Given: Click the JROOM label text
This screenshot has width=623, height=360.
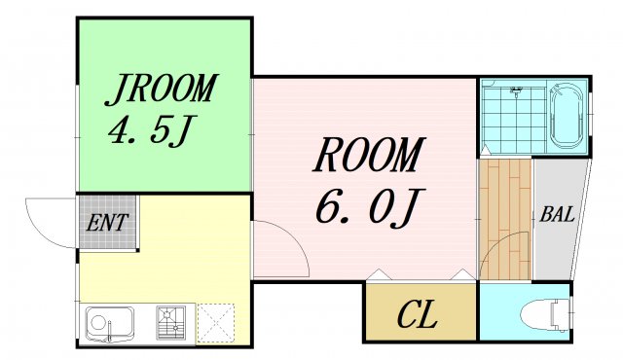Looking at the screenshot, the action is pyautogui.click(x=161, y=89).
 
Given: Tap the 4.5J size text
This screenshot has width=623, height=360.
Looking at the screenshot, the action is pyautogui.click(x=150, y=131).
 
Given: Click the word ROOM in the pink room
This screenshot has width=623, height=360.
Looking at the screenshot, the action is pyautogui.click(x=369, y=155).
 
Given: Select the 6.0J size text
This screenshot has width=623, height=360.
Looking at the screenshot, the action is pyautogui.click(x=370, y=208).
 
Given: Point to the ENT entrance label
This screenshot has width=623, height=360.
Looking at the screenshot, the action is pyautogui.click(x=107, y=223).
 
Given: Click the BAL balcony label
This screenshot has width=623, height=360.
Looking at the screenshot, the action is pyautogui.click(x=557, y=214).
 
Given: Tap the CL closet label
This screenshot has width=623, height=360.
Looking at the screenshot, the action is pyautogui.click(x=418, y=314).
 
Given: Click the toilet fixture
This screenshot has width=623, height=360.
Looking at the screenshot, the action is pyautogui.click(x=545, y=314).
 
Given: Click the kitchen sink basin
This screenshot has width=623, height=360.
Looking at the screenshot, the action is pyautogui.click(x=110, y=323).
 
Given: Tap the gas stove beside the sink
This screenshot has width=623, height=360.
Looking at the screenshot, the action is pyautogui.click(x=171, y=322).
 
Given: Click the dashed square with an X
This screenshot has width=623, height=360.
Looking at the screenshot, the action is pyautogui.click(x=216, y=323).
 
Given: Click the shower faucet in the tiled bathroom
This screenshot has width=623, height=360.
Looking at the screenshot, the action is pyautogui.click(x=516, y=92).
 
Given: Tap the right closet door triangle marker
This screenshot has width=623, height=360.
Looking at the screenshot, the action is pyautogui.click(x=461, y=274).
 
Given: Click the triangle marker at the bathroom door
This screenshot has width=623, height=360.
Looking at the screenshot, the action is pyautogui.click(x=485, y=150).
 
